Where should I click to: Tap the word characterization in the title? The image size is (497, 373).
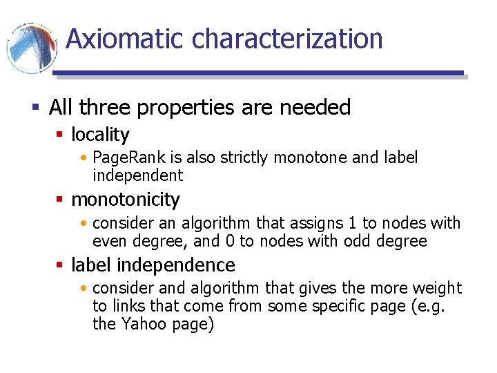(x=287, y=39)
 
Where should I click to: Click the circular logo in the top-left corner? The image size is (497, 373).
(x=30, y=47)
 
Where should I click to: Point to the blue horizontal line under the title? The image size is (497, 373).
(x=258, y=73)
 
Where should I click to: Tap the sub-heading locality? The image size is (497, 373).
(x=100, y=134)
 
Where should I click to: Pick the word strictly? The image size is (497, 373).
(x=244, y=157)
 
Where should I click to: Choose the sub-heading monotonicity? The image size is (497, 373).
(x=125, y=200)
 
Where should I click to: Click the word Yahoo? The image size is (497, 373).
(x=142, y=324)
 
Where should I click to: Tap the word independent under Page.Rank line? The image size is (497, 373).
(x=137, y=175)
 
